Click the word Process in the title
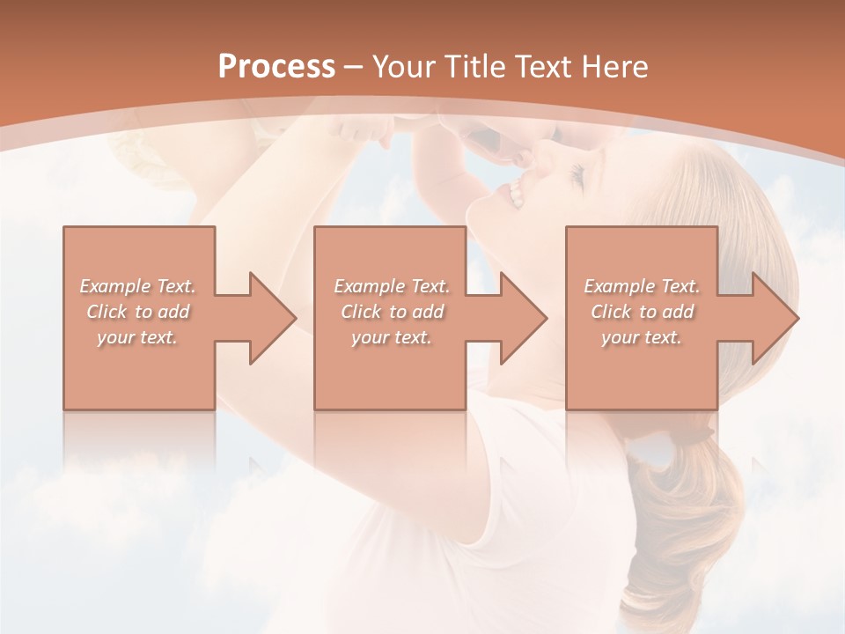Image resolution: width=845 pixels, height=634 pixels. (x=276, y=67)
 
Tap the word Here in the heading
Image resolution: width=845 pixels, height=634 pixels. (x=615, y=67)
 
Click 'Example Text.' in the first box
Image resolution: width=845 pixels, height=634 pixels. (x=137, y=286)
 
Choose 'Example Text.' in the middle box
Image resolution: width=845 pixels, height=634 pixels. (x=391, y=286)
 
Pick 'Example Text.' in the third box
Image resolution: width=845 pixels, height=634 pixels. (x=642, y=286)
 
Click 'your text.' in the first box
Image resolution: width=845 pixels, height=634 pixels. (x=137, y=337)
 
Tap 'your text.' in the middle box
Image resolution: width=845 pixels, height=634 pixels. (x=391, y=337)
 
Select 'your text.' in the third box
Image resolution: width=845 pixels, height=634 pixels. (x=642, y=337)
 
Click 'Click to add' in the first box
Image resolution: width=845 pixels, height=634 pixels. (x=137, y=312)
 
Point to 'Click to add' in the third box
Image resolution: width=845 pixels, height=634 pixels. (x=642, y=312)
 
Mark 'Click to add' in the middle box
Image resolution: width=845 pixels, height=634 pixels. (x=391, y=312)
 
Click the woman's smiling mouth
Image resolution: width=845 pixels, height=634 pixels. (x=516, y=193)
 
